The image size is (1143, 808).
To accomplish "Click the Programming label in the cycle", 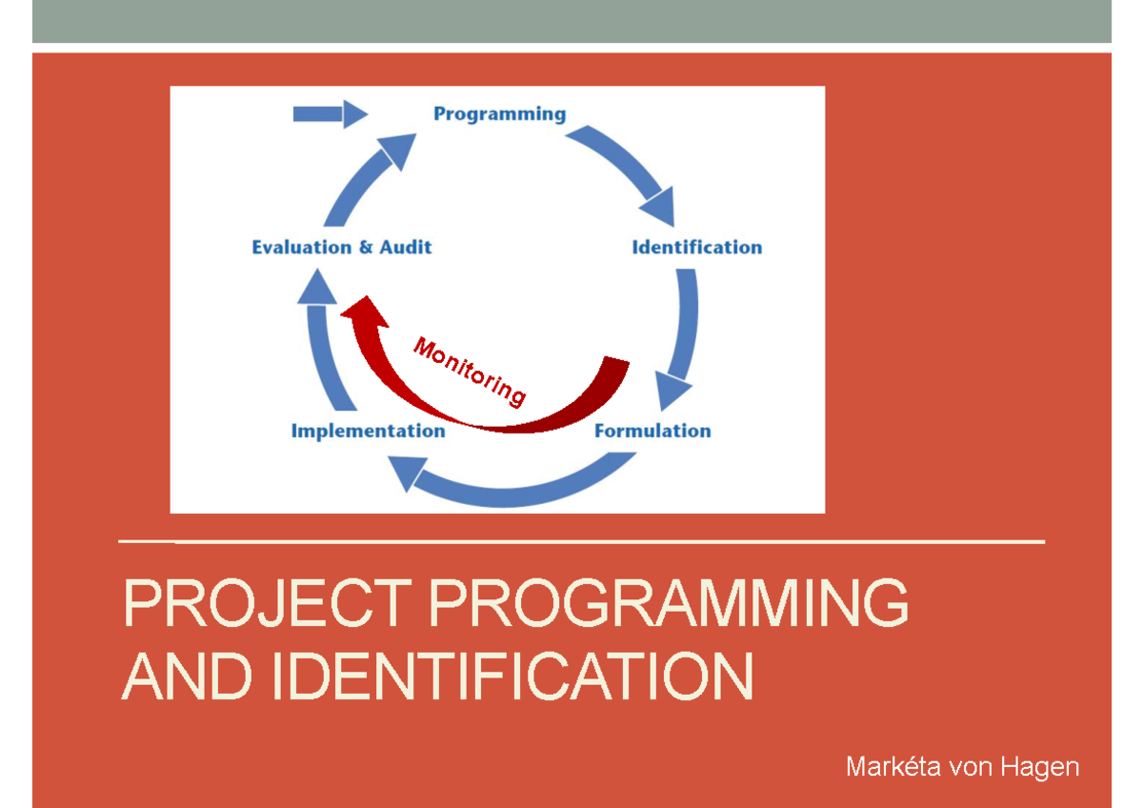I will pyautogui.click(x=499, y=114).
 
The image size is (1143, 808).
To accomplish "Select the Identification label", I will pyautogui.click(x=696, y=248).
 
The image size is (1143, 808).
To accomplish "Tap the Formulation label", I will pyautogui.click(x=652, y=431).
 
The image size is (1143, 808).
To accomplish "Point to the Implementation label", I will pyautogui.click(x=368, y=431).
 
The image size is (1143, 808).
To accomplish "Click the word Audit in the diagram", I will pyautogui.click(x=406, y=248).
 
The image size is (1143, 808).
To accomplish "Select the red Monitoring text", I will pyautogui.click(x=469, y=372).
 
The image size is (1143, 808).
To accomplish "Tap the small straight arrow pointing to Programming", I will pyautogui.click(x=329, y=114).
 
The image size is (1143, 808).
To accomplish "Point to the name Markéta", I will pyautogui.click(x=890, y=766).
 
